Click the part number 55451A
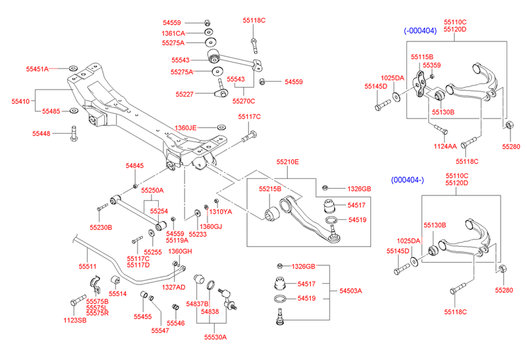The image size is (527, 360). pos(37,69)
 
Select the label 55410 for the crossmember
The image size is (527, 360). pos(20,101)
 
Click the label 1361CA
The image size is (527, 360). pos(173,32)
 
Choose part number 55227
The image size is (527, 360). pos(186,94)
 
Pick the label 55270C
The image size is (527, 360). pos(243,101)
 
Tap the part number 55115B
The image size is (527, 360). pos(422,57)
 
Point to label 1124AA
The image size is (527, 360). pos(445,145)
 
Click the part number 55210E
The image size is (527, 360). pos(287,161)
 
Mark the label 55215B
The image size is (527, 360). pos(270,189)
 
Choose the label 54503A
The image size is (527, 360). pos(351,290)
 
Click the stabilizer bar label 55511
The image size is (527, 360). pos(88,267)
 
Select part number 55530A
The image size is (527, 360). pos(215,338)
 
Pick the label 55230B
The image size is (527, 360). pos(101,227)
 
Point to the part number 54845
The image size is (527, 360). pos(135,167)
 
